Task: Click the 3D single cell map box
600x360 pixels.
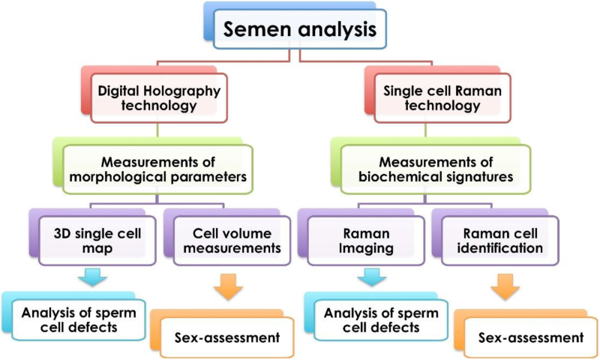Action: click(93, 240)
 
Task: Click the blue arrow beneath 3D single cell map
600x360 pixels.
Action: click(93, 280)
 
